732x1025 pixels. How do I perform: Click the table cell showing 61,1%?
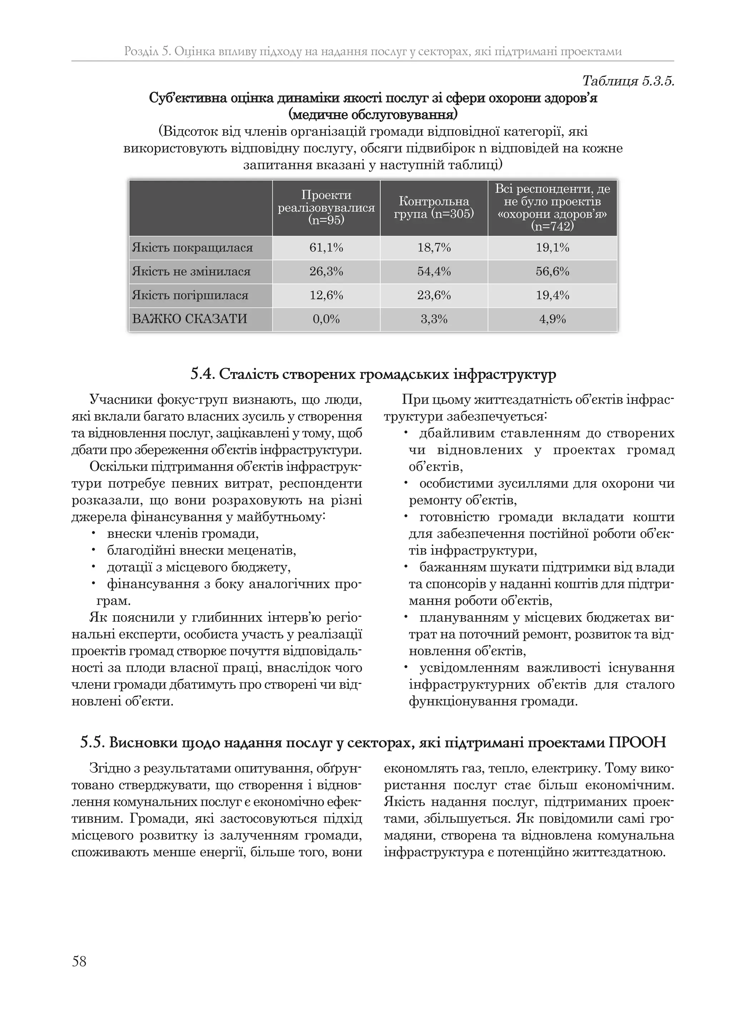point(326,247)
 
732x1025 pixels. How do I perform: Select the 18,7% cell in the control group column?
point(434,247)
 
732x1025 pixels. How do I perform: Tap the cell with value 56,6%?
point(552,271)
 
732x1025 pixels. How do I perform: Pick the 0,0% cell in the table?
point(326,319)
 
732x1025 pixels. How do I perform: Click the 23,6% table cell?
point(434,295)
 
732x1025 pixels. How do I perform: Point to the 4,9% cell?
point(552,319)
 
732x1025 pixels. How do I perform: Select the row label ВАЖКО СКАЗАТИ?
point(190,319)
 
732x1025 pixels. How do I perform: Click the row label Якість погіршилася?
point(190,295)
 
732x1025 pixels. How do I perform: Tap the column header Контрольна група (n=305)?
point(434,207)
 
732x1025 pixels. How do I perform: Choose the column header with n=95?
point(326,207)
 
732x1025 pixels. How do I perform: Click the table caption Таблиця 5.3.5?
point(628,81)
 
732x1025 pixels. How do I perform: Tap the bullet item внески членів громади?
point(183,534)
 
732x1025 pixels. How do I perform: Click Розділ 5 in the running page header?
point(147,51)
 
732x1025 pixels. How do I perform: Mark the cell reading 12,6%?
point(326,295)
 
